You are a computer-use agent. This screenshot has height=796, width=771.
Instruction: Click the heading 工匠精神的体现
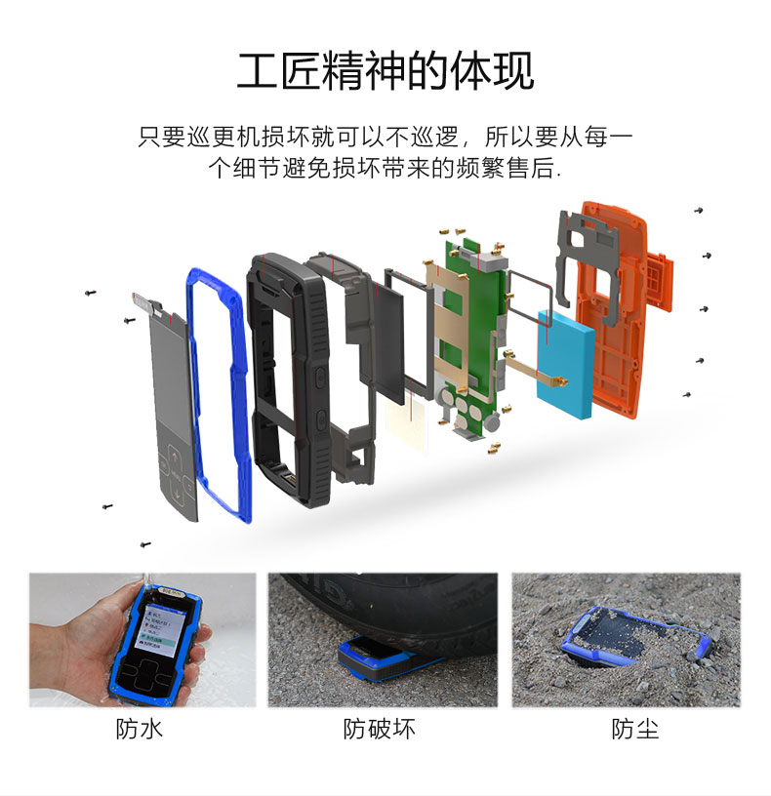pos(385,70)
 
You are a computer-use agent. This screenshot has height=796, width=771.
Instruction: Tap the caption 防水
pos(140,729)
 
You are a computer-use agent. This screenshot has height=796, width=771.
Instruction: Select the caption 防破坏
pos(379,729)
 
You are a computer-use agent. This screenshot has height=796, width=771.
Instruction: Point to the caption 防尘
pos(635,729)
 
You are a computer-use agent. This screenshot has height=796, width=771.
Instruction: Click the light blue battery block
pos(565,363)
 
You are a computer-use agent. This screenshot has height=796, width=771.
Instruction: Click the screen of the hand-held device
pos(158,628)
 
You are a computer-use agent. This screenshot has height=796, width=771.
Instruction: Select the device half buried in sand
pos(637,636)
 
